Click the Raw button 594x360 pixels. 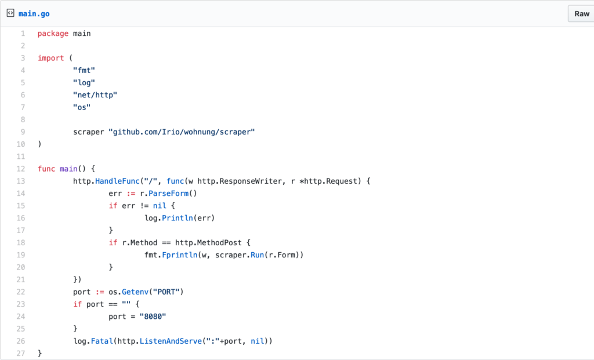(x=581, y=13)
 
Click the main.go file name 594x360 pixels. (x=34, y=13)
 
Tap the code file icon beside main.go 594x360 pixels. (x=10, y=13)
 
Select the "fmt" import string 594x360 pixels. (x=84, y=70)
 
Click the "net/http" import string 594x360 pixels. (x=95, y=94)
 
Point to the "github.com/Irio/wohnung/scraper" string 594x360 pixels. (x=182, y=132)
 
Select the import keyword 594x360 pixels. (x=50, y=58)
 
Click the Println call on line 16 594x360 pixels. (x=179, y=218)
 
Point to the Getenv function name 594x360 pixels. (x=135, y=292)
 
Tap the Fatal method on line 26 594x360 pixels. (x=102, y=341)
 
